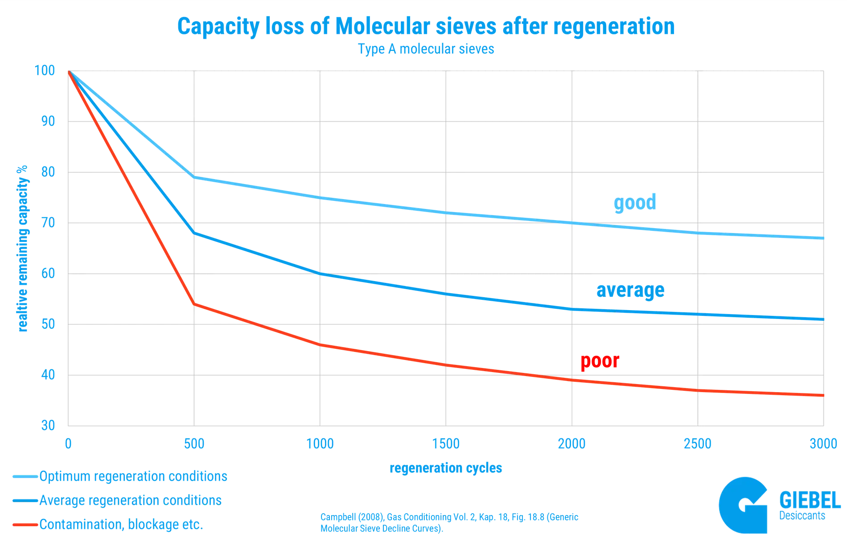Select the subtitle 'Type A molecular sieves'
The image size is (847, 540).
(426, 49)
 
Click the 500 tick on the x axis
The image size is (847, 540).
(194, 444)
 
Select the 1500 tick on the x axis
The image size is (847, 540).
(446, 444)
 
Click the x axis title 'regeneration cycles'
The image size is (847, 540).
(446, 468)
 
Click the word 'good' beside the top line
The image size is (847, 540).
(635, 203)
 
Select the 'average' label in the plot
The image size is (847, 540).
(630, 290)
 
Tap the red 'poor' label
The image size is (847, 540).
(600, 362)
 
